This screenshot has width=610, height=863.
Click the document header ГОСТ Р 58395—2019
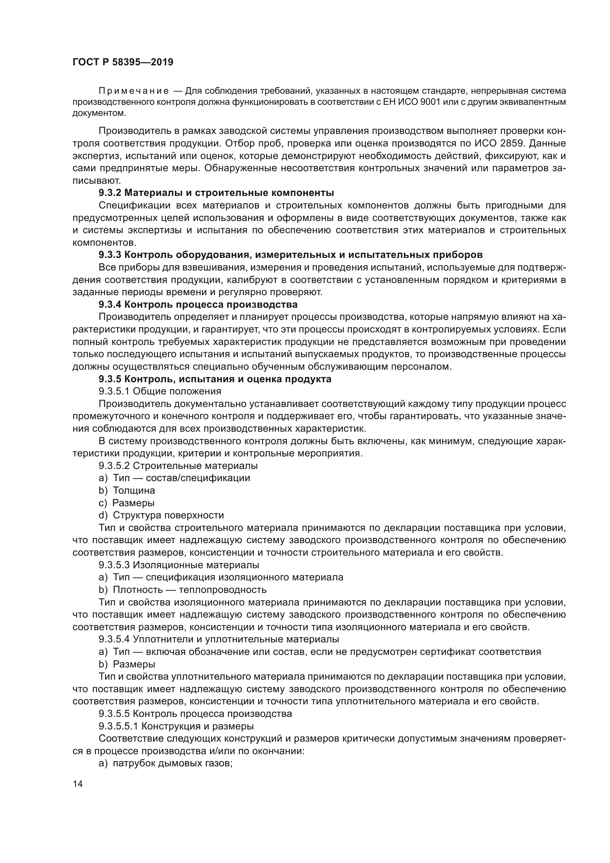pyautogui.click(x=123, y=62)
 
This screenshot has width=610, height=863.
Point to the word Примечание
pyautogui.click(x=134, y=91)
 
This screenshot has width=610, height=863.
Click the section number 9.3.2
pyautogui.click(x=110, y=193)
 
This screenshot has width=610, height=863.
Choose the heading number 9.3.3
pyautogui.click(x=110, y=255)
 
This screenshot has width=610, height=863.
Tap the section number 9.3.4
pyautogui.click(x=110, y=304)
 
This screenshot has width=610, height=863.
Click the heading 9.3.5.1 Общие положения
pyautogui.click(x=160, y=391)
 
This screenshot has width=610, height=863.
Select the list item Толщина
pyautogui.click(x=134, y=490)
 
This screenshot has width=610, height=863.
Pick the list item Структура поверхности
pyautogui.click(x=168, y=515)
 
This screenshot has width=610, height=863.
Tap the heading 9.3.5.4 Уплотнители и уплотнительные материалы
pyautogui.click(x=219, y=639)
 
